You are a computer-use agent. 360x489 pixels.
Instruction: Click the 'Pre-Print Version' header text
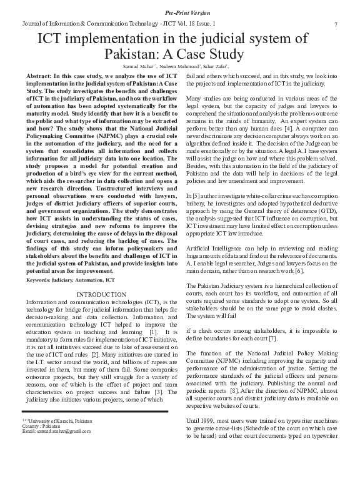click(179, 12)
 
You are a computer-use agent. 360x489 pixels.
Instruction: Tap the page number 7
click(336, 24)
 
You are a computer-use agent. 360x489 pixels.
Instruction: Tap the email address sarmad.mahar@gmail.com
click(47, 432)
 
